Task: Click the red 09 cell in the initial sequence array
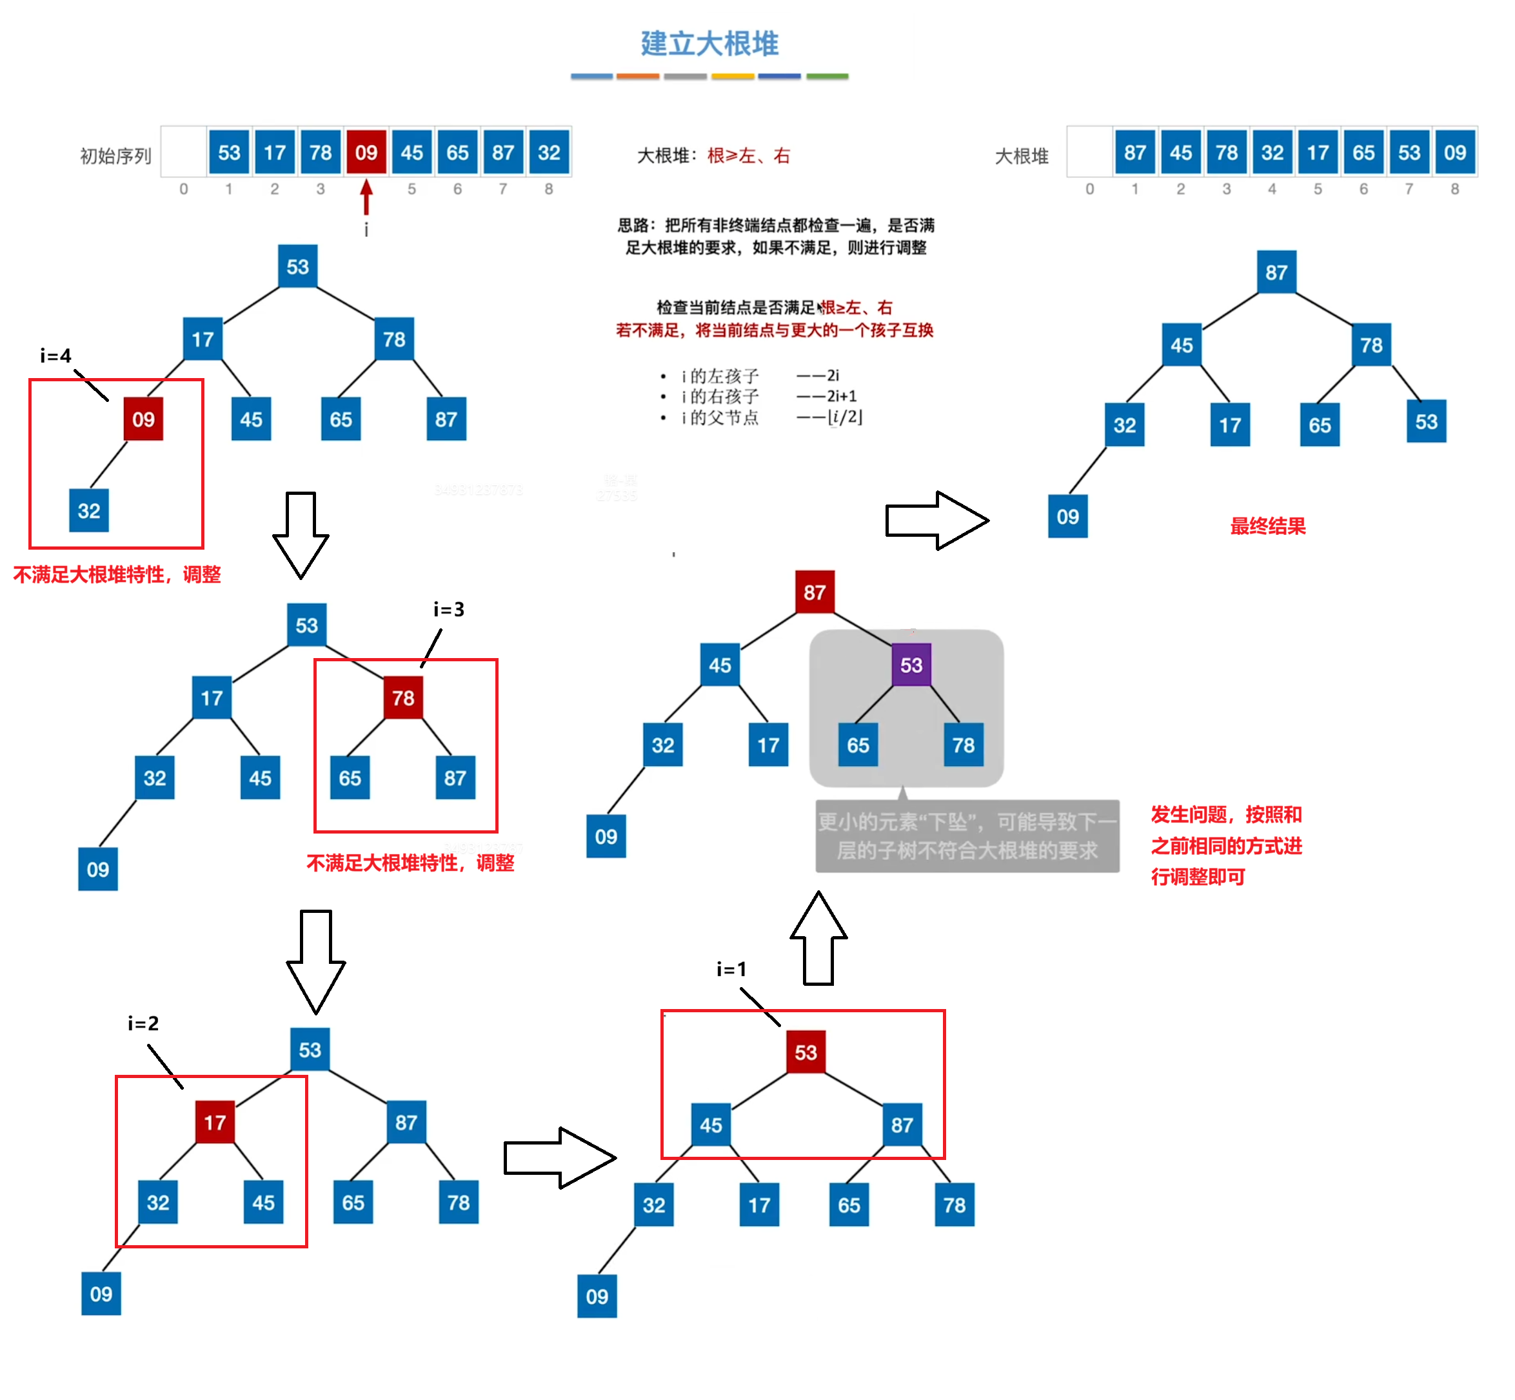[366, 152]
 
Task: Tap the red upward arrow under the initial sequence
[366, 197]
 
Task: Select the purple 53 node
[911, 665]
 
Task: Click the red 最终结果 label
[1267, 526]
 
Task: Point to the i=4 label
[55, 355]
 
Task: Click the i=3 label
[448, 609]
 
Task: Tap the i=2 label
[143, 1023]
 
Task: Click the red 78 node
[403, 697]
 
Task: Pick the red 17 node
[215, 1122]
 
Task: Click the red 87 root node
[815, 592]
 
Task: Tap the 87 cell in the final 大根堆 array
[1134, 152]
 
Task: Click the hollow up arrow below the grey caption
[818, 939]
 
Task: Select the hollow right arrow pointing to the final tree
[936, 521]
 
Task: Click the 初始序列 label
[116, 156]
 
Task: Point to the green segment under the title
[827, 77]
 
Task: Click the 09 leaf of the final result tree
[1067, 517]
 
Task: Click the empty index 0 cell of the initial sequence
[183, 152]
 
